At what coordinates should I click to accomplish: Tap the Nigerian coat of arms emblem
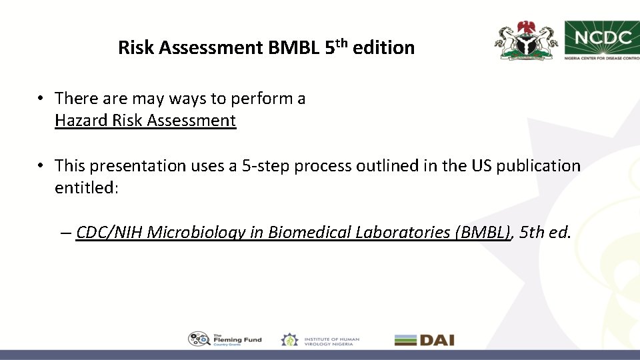[x=526, y=41]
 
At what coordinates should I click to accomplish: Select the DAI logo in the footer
[x=424, y=340]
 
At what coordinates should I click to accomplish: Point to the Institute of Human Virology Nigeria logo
[x=320, y=340]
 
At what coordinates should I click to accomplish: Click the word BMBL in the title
[x=294, y=48]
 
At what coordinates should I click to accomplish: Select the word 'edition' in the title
[x=384, y=48]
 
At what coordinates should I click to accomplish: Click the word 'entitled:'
[x=87, y=187]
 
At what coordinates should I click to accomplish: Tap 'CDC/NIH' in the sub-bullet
[x=110, y=233]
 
